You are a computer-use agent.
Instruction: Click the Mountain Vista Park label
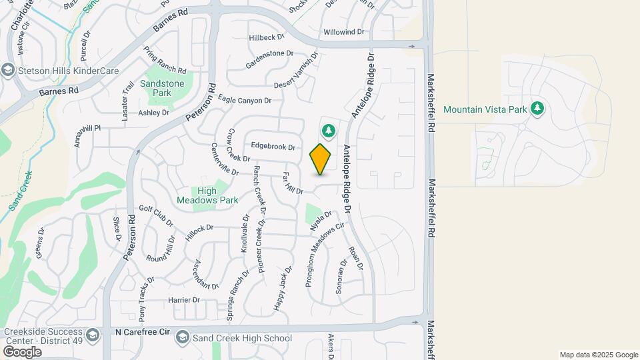(485, 109)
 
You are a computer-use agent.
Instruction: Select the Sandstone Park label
(156, 89)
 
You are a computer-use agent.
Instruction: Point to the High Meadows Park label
(207, 195)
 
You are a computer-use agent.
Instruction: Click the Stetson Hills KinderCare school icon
(8, 69)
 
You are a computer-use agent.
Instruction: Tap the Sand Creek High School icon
(182, 339)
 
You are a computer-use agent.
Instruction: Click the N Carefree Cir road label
(143, 331)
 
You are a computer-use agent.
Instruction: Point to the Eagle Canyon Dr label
(245, 100)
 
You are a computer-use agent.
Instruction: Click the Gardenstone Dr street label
(269, 53)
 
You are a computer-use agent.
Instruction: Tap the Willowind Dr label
(343, 32)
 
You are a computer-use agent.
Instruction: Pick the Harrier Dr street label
(184, 300)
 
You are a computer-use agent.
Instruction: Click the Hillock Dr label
(199, 227)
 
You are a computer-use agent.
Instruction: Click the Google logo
(21, 351)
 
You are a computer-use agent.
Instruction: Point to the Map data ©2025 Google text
(598, 355)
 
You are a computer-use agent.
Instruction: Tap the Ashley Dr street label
(153, 113)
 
